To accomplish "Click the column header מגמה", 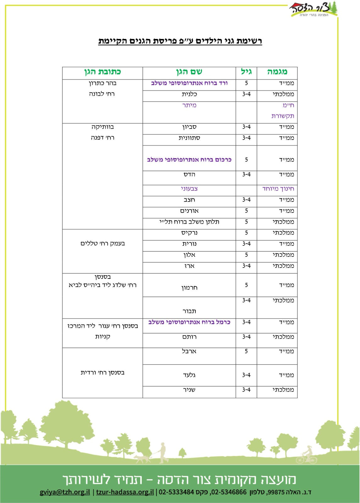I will click(277, 72).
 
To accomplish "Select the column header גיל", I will click(246, 72).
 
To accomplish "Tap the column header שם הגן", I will click(189, 72).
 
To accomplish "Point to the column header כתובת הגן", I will click(102, 72).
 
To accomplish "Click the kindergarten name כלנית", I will click(189, 94).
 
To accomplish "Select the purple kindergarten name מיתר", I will click(189, 105).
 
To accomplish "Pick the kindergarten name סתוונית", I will click(189, 138).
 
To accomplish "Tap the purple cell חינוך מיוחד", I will click(278, 189).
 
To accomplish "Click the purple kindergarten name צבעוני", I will click(189, 189).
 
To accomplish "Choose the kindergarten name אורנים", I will click(189, 211).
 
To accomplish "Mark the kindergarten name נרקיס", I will click(189, 233).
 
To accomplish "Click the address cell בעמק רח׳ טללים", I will click(102, 244).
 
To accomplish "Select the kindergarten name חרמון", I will click(189, 288).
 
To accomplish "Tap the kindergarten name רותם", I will click(189, 337).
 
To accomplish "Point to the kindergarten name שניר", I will click(189, 390).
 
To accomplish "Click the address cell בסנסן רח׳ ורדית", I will click(102, 373).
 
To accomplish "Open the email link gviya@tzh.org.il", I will click(65, 492).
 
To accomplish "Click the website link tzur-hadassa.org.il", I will click(125, 492).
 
